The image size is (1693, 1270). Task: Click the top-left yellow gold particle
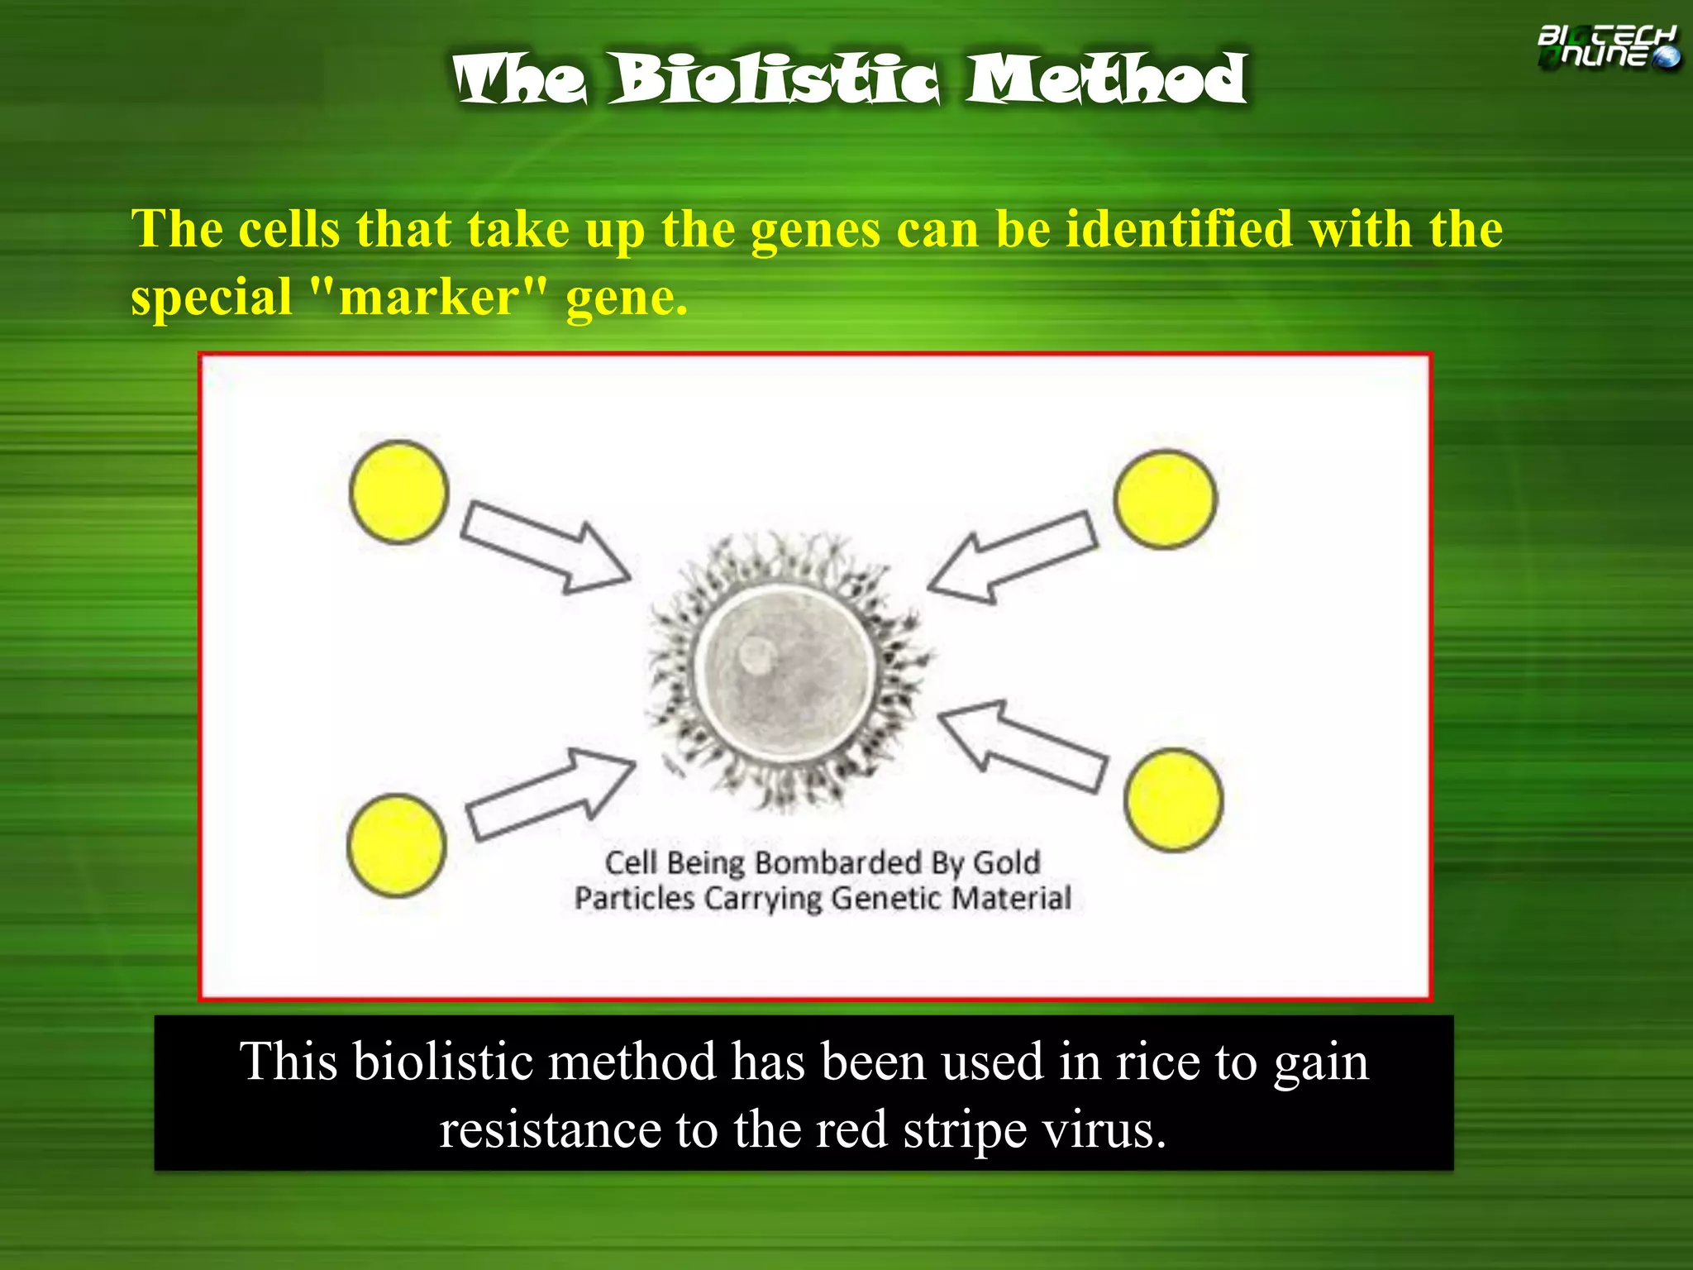click(399, 493)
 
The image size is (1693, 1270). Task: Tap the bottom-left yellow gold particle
click(397, 845)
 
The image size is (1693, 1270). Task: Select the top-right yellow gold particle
click(1165, 499)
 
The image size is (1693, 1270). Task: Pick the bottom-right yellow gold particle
click(1173, 800)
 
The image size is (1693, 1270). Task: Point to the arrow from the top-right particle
click(1013, 557)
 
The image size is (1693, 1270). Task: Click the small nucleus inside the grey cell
click(756, 654)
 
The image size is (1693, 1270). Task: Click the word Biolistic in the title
click(775, 79)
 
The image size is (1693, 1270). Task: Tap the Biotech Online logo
click(1607, 47)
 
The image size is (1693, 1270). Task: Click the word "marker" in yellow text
click(429, 297)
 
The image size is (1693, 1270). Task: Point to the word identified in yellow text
click(1178, 229)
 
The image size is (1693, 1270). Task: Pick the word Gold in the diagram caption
click(1006, 862)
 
